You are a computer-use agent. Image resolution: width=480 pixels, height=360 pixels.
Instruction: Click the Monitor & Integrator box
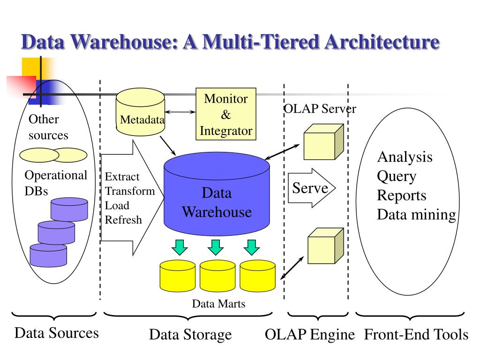point(226,114)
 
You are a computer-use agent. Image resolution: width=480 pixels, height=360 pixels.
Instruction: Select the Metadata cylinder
point(140,112)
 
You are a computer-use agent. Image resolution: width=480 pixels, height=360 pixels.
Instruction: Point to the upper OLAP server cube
point(323,142)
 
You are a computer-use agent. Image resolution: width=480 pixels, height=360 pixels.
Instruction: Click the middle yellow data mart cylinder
point(217,276)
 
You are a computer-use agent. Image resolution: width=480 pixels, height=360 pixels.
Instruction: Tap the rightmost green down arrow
point(252,247)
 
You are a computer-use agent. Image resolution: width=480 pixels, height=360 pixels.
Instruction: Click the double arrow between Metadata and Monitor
point(180,112)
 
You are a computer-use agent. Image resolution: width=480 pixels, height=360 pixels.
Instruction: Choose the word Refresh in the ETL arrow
point(123,219)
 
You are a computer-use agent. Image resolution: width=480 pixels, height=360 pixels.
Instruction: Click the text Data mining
point(416,215)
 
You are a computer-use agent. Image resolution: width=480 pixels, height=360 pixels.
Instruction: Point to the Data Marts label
point(218,304)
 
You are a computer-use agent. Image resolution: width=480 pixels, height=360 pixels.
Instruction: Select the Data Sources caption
point(56,333)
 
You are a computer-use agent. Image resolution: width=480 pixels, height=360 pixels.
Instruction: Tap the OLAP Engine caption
point(310,335)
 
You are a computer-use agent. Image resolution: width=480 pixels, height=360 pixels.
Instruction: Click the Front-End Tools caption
point(416,335)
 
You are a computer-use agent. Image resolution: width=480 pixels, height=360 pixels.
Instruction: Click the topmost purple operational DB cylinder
point(69,209)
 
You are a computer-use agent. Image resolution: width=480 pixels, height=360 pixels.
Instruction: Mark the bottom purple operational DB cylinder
point(48,255)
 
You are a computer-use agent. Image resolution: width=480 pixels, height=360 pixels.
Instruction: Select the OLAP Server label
point(320,109)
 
